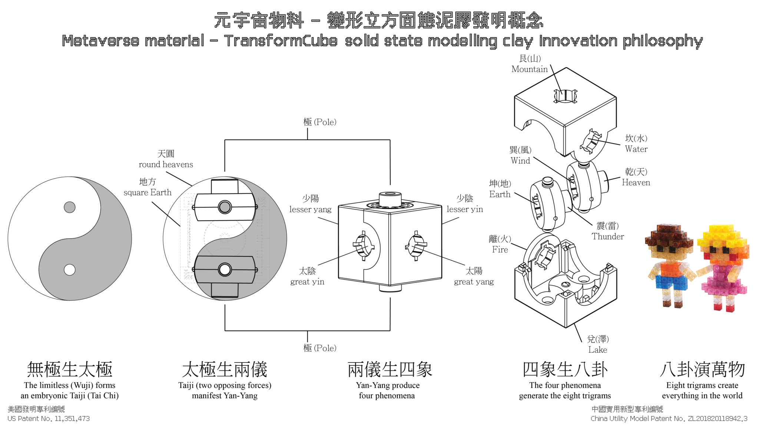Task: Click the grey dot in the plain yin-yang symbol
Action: tap(70, 207)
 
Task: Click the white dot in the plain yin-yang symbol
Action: tap(70, 269)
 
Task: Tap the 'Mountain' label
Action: tap(529, 69)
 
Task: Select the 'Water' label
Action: tap(636, 149)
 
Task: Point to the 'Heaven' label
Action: tap(636, 182)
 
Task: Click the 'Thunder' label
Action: tap(607, 236)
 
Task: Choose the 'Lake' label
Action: tap(597, 350)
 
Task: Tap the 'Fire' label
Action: tap(500, 249)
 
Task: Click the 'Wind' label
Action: tap(520, 160)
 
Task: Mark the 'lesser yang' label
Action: tap(310, 209)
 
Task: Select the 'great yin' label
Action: tap(307, 282)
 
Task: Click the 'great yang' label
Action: tap(474, 282)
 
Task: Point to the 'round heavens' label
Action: tap(166, 164)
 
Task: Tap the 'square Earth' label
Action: tap(148, 192)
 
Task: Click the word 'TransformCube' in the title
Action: tap(281, 41)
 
